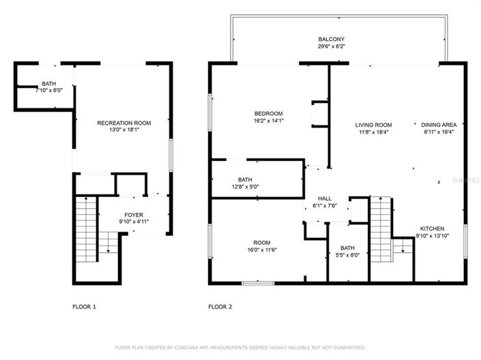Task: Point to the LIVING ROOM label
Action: pos(373,125)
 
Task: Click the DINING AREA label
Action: pos(438,125)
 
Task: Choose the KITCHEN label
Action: pos(432,228)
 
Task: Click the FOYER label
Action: pos(134,215)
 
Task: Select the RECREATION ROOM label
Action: pos(124,123)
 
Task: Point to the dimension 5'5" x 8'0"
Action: pos(347,256)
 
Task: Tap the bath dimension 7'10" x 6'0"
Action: pos(48,90)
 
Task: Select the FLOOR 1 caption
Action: pos(84,307)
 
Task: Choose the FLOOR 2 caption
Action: pos(220,307)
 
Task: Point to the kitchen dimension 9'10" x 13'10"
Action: pos(432,236)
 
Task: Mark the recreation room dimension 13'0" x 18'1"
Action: pos(124,130)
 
